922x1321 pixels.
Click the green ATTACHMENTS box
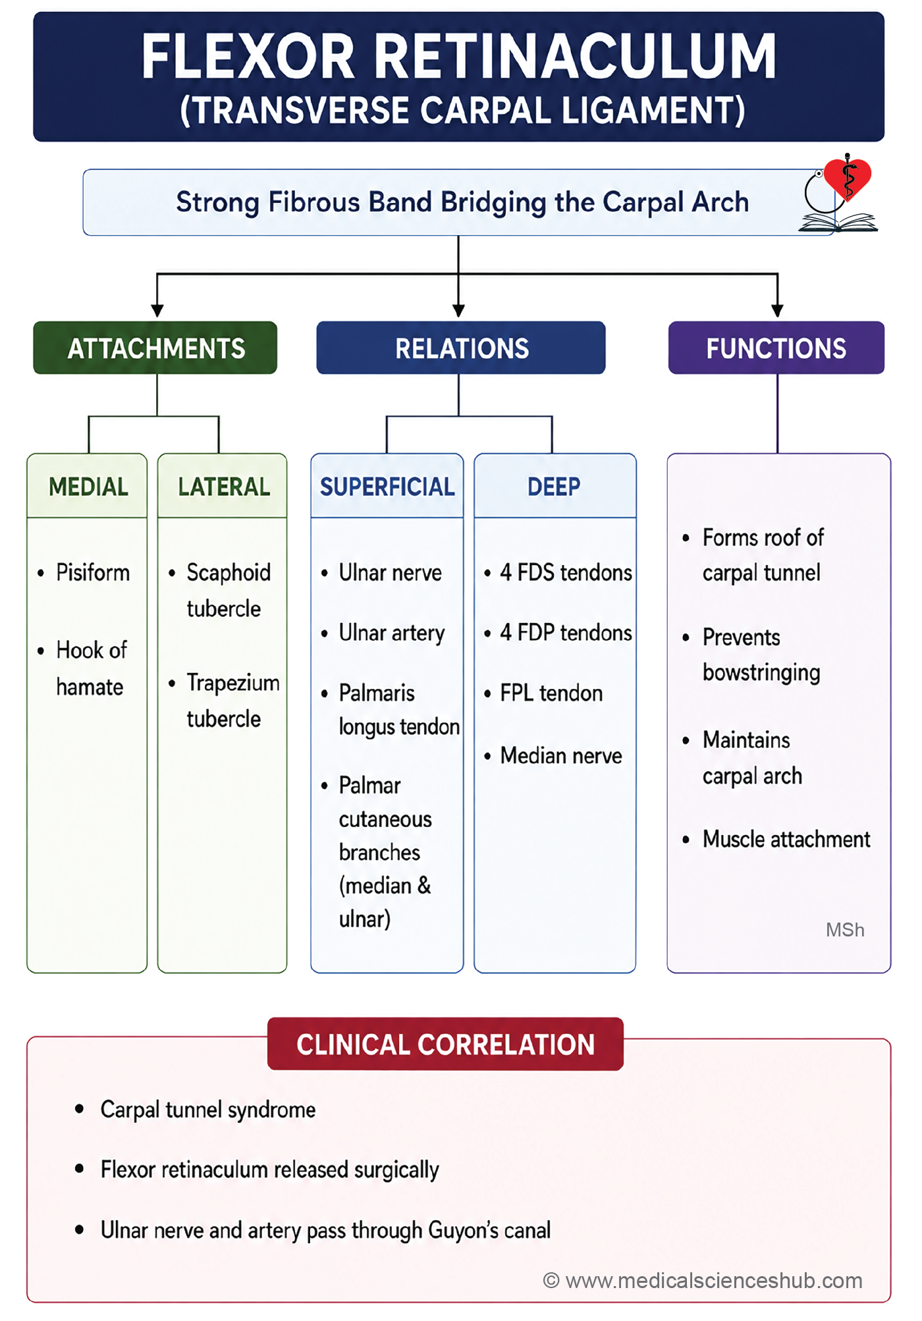[x=155, y=348]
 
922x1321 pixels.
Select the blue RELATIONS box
[x=461, y=348]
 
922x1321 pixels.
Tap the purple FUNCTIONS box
[x=776, y=348]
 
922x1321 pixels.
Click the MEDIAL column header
[x=88, y=486]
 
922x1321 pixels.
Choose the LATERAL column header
[x=223, y=486]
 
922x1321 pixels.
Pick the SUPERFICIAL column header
[x=387, y=486]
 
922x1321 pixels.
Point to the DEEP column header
[x=555, y=486]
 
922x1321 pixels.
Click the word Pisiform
[x=93, y=573]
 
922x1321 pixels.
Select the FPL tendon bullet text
[x=551, y=693]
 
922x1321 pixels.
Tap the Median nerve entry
[x=561, y=755]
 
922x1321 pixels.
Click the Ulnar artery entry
[x=392, y=634]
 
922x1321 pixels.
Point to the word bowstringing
[x=761, y=673]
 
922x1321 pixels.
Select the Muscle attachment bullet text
[x=786, y=839]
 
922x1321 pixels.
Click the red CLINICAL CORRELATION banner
[x=445, y=1044]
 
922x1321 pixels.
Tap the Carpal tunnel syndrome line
[x=208, y=1110]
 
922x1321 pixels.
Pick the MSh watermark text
[x=845, y=930]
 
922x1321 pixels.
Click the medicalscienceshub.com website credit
[x=703, y=1280]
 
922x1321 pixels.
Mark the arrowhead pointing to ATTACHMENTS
[x=157, y=310]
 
